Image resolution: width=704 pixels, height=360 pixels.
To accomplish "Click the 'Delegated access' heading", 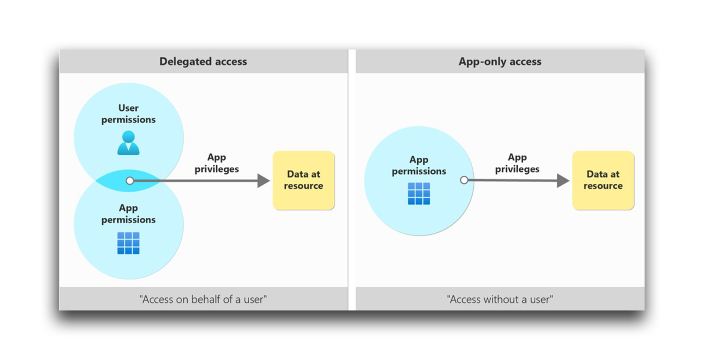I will tap(203, 61).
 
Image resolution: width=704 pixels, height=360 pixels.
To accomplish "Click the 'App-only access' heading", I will tap(500, 61).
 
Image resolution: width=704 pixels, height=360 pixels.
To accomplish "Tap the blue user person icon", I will tap(128, 143).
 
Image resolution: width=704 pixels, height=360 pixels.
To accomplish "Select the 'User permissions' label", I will tap(128, 114).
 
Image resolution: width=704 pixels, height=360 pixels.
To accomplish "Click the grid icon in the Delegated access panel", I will tap(128, 243).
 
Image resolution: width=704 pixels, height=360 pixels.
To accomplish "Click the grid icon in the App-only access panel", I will tap(419, 194).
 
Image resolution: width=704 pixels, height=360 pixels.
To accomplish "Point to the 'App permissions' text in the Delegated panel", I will tap(128, 214).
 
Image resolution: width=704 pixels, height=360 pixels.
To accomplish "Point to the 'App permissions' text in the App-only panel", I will tap(419, 165).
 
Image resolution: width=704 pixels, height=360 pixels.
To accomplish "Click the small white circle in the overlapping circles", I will tap(130, 181).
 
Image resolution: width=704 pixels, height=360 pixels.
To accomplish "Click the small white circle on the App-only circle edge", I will tap(464, 180).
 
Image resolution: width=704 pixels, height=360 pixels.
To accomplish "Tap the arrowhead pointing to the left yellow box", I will tap(263, 181).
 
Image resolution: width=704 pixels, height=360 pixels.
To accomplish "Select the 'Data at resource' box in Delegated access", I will tap(304, 180).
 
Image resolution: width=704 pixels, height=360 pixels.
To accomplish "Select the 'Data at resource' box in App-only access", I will tap(603, 180).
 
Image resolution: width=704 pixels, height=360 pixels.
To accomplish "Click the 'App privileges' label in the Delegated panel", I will tap(216, 163).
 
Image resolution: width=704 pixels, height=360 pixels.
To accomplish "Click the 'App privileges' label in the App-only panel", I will tap(517, 163).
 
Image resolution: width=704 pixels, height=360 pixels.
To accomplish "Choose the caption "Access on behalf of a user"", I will tap(203, 299).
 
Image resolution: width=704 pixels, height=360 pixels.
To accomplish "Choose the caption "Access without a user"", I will tap(500, 299).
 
